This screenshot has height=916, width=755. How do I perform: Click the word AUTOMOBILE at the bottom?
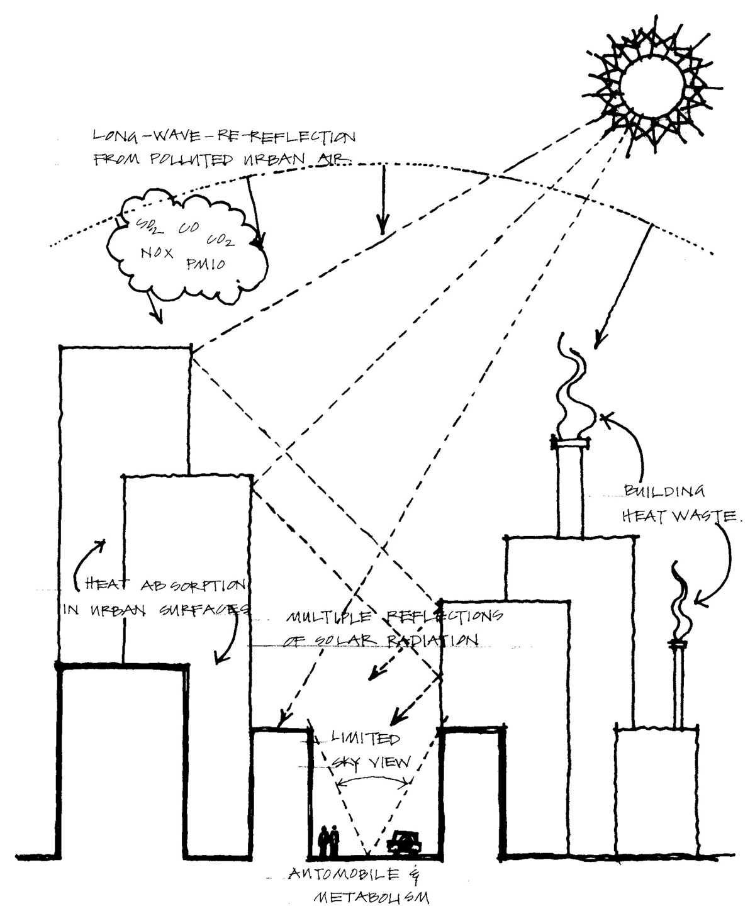[x=340, y=875]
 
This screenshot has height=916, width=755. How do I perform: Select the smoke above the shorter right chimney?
[x=682, y=598]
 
